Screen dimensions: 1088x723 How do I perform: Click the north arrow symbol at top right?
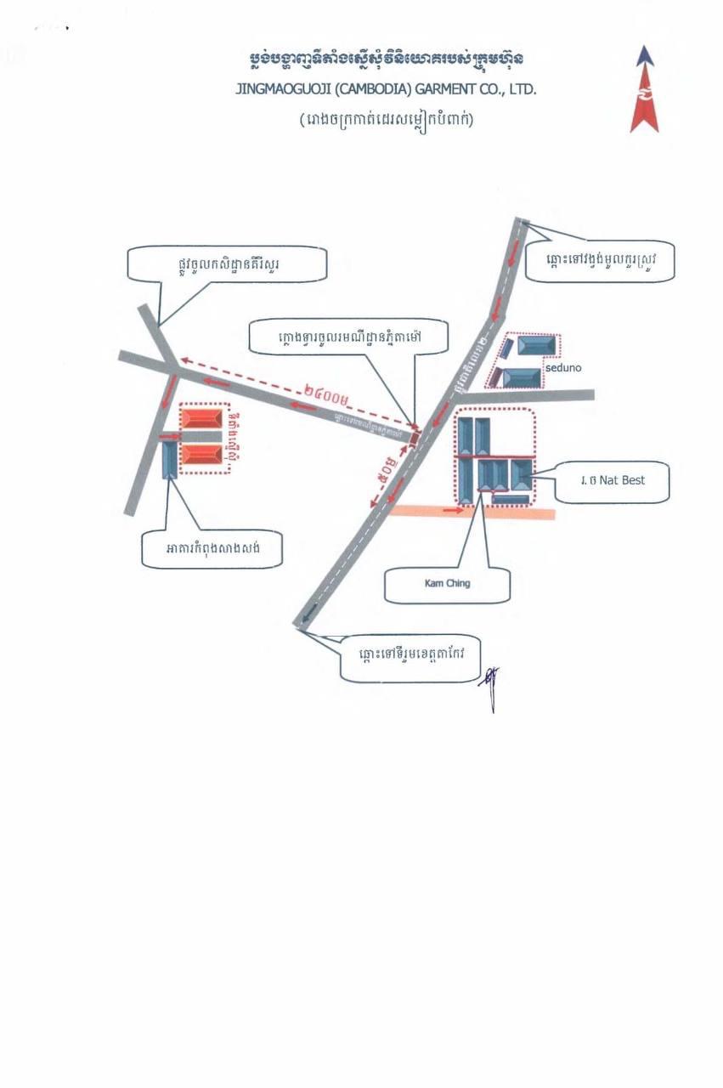[x=644, y=88]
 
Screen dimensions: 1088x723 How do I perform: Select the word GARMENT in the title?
[x=442, y=89]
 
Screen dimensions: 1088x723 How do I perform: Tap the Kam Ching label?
[x=447, y=584]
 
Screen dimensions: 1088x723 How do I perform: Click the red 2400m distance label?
[x=325, y=394]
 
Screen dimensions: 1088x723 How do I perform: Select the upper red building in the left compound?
[x=202, y=419]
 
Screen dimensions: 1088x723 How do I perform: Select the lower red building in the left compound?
[x=202, y=455]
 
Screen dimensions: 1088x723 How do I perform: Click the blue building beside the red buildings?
[x=169, y=458]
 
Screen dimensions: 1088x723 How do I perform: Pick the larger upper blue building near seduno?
[x=538, y=347]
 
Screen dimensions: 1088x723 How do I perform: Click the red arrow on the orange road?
[x=453, y=511]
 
